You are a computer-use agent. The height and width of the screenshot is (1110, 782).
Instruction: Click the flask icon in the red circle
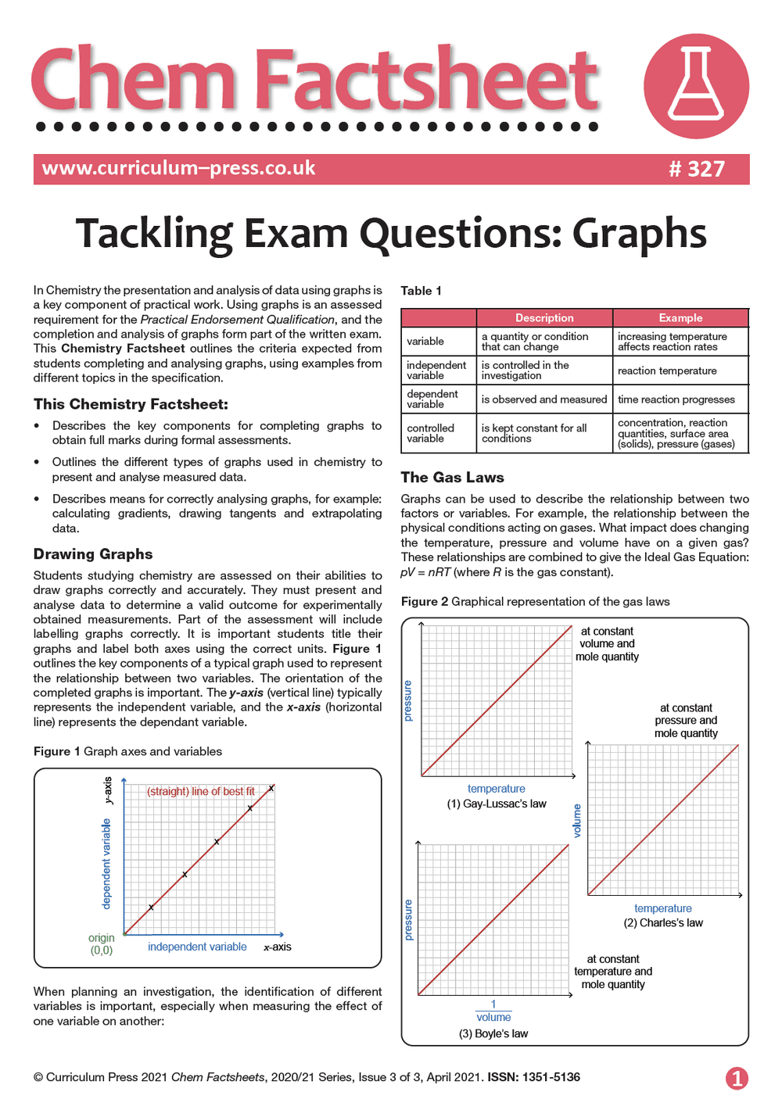pyautogui.click(x=696, y=84)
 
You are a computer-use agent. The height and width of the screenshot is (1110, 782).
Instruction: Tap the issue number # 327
pyautogui.click(x=697, y=169)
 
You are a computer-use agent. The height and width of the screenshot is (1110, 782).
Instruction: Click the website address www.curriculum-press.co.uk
pyautogui.click(x=178, y=168)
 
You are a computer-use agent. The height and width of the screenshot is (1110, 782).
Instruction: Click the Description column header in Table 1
pyautogui.click(x=544, y=318)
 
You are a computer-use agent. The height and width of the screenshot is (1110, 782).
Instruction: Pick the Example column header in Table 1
pyautogui.click(x=680, y=318)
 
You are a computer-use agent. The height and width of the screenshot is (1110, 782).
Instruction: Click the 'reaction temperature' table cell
pyautogui.click(x=667, y=371)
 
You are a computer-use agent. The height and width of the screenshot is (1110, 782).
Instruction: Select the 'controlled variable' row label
pyautogui.click(x=430, y=433)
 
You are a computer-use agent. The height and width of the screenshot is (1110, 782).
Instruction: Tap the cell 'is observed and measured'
pyautogui.click(x=543, y=399)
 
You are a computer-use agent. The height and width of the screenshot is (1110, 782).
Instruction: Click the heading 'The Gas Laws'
pyautogui.click(x=452, y=477)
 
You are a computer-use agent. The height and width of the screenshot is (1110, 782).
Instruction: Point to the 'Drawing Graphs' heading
pyautogui.click(x=93, y=553)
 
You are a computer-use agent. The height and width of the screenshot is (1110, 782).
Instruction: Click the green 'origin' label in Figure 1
pyautogui.click(x=102, y=938)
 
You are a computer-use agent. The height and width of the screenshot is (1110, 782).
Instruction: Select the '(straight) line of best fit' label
pyautogui.click(x=201, y=791)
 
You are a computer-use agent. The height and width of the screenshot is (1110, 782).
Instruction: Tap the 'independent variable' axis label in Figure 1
pyautogui.click(x=197, y=947)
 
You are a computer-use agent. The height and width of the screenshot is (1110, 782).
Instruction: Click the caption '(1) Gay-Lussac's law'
pyautogui.click(x=497, y=804)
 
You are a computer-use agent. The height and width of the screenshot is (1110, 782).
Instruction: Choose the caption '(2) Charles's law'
pyautogui.click(x=663, y=922)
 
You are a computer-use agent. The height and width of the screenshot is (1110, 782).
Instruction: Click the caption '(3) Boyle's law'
pyautogui.click(x=493, y=1033)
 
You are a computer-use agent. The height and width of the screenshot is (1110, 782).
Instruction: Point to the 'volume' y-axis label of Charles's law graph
pyautogui.click(x=577, y=821)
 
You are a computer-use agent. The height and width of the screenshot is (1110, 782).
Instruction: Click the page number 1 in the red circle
pyautogui.click(x=737, y=1078)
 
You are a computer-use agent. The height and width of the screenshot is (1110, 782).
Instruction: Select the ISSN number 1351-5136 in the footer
pyautogui.click(x=551, y=1077)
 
